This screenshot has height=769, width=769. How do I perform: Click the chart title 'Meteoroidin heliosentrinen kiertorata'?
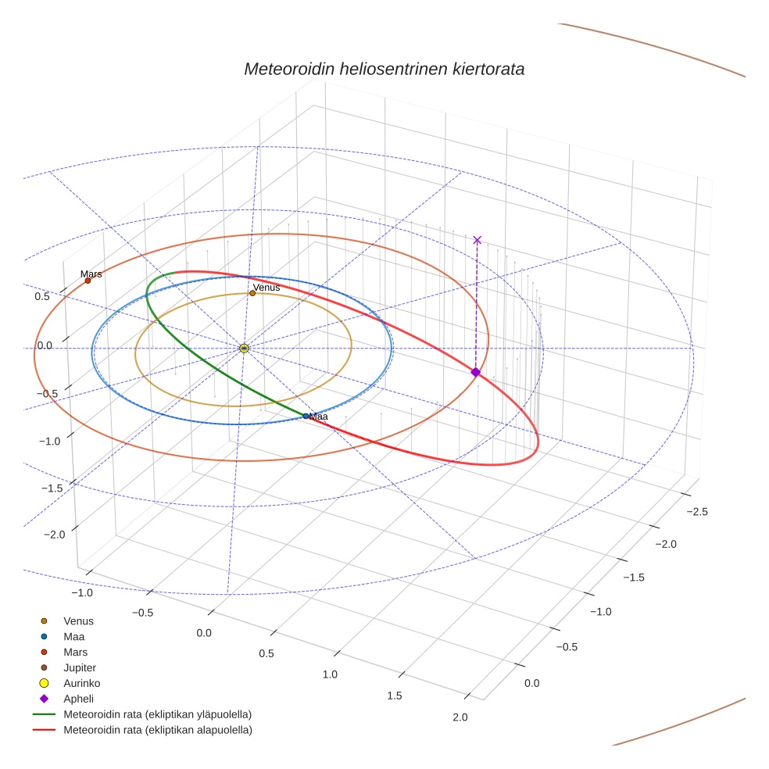[384, 69]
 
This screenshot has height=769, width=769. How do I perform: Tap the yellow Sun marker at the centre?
[244, 348]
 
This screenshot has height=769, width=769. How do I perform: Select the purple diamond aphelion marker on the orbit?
[475, 372]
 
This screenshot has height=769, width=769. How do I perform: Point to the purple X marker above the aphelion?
[477, 240]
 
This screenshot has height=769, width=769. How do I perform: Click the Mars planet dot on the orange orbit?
[88, 281]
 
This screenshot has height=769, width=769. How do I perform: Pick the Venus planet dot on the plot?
[252, 293]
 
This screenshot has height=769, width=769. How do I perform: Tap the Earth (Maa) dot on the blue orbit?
[306, 416]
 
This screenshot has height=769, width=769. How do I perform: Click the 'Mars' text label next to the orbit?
[91, 274]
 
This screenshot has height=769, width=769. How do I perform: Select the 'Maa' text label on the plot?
[318, 417]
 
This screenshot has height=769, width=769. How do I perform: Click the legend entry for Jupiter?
[79, 667]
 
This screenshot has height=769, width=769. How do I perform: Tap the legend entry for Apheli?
[78, 699]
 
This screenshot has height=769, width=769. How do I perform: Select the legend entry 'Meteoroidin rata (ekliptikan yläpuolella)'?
[157, 714]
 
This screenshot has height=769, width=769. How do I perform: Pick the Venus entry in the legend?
[78, 621]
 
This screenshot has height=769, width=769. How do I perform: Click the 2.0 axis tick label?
[460, 717]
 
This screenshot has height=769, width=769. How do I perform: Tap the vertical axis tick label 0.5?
[42, 297]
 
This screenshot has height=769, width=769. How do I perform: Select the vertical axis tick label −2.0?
[54, 534]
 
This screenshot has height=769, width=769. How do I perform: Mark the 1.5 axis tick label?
[395, 696]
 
